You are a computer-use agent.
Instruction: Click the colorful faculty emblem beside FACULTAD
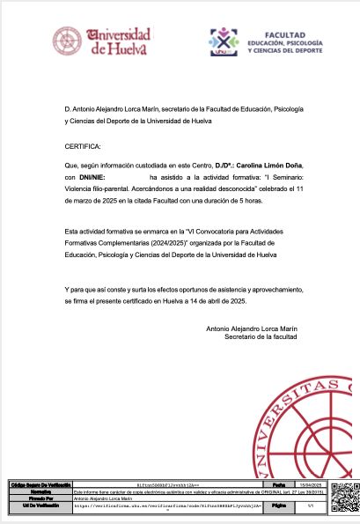[x=224, y=41]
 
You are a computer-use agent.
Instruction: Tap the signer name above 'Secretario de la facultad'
[x=251, y=328]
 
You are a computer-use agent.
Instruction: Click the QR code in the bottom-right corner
[x=343, y=499]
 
